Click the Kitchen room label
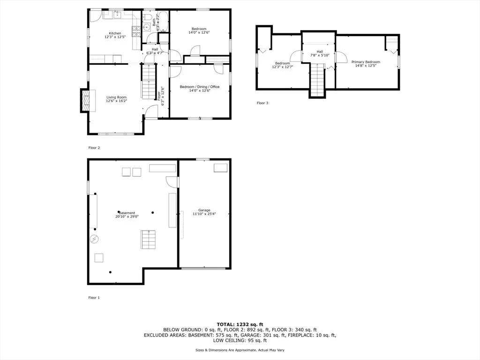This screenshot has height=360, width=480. click(115, 33)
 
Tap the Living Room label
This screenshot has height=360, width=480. click(116, 97)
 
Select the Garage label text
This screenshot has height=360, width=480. click(204, 210)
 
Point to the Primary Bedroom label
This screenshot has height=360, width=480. click(366, 62)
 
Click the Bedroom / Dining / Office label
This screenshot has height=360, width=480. click(199, 87)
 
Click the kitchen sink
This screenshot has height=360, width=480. click(118, 15)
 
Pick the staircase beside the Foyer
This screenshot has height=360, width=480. click(149, 82)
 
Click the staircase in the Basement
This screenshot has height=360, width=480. click(149, 240)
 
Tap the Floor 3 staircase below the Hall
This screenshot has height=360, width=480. click(317, 79)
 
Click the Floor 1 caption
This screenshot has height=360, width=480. click(94, 298)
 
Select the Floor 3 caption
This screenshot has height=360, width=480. click(262, 103)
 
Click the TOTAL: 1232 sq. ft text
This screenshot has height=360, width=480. click(240, 324)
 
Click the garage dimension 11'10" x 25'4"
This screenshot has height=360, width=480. click(204, 214)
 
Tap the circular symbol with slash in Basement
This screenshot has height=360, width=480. click(94, 239)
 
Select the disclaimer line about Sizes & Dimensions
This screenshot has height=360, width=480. click(240, 350)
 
